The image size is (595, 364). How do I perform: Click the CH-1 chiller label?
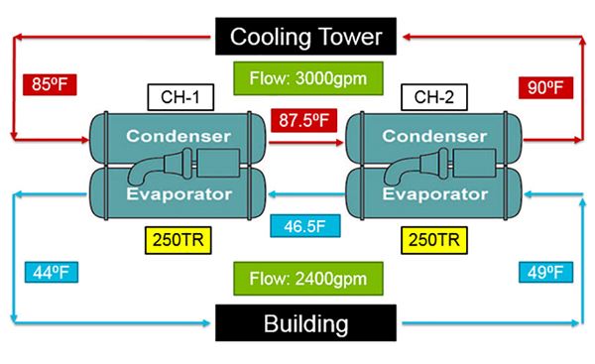(176, 97)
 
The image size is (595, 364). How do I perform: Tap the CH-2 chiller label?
(433, 97)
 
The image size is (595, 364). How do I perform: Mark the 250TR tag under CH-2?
(430, 238)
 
